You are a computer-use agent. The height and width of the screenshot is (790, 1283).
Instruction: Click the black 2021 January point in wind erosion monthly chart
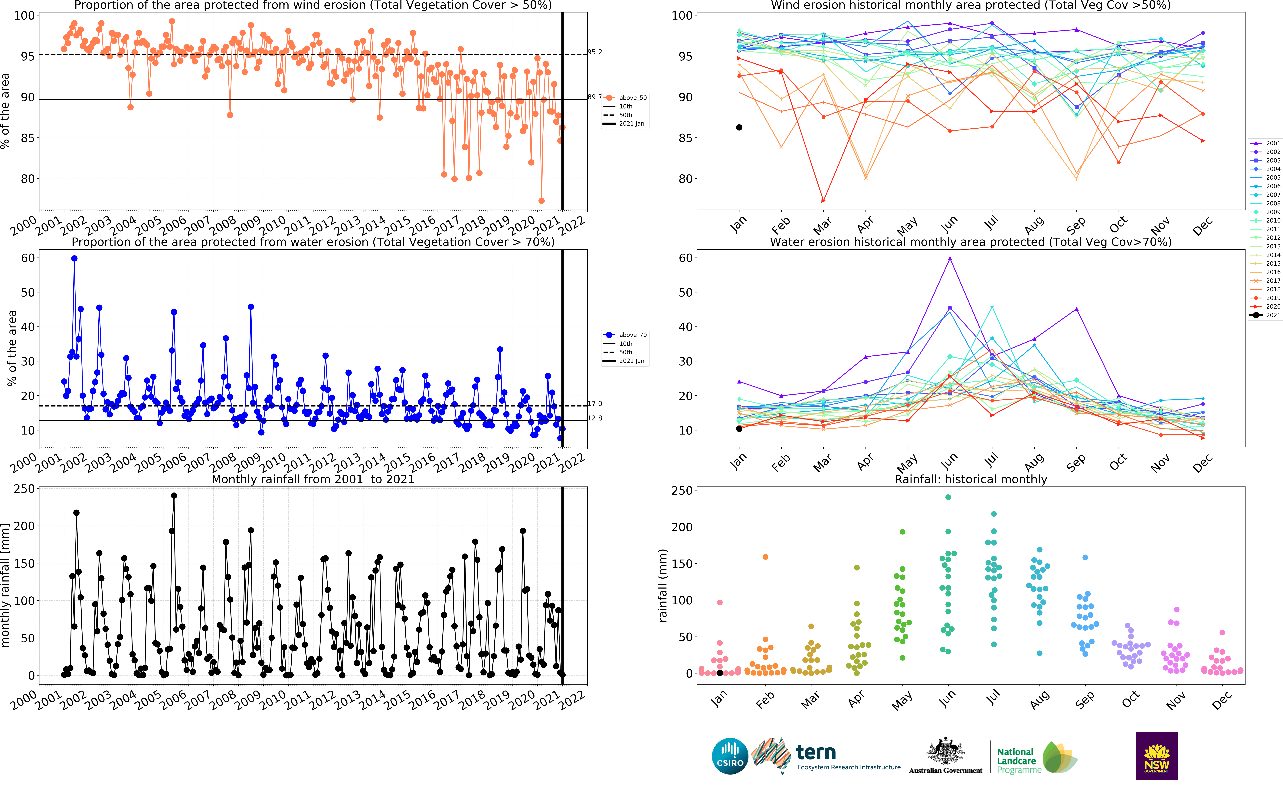click(x=739, y=127)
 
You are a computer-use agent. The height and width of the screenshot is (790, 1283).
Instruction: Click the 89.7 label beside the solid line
click(x=594, y=97)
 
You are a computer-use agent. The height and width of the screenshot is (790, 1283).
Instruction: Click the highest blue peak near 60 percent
click(x=74, y=259)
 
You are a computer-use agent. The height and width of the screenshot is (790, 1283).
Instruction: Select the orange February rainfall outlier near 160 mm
click(x=765, y=557)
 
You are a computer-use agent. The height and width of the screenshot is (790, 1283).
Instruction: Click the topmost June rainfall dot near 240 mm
click(x=948, y=497)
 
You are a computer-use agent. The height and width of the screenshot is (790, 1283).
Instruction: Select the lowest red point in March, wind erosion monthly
click(x=823, y=201)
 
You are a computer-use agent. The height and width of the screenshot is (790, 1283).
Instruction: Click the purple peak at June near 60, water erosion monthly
click(x=950, y=259)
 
